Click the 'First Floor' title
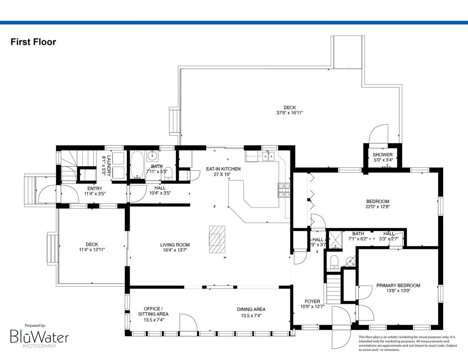click(x=33, y=42)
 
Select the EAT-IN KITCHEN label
click(x=223, y=169)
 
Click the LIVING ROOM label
click(x=175, y=245)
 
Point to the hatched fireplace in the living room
click(x=217, y=239)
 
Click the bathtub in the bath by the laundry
click(x=137, y=165)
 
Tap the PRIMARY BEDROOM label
click(x=398, y=286)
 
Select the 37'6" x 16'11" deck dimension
click(x=290, y=113)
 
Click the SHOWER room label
click(x=383, y=155)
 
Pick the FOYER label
click(x=312, y=301)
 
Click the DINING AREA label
click(x=251, y=309)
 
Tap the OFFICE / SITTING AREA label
click(x=153, y=311)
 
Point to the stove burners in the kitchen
click(x=284, y=190)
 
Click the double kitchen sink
click(x=268, y=156)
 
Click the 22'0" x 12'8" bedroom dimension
click(x=378, y=206)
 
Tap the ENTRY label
click(x=95, y=188)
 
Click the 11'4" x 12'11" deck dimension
click(x=92, y=250)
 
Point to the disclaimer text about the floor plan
click(x=408, y=344)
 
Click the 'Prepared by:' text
click(x=35, y=325)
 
